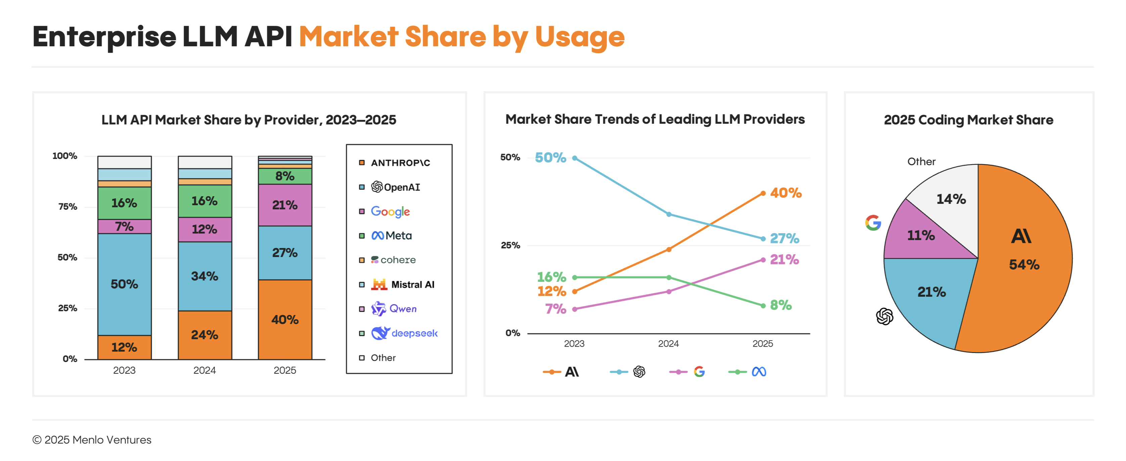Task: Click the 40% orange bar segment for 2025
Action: click(x=285, y=319)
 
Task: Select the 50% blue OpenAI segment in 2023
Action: click(x=124, y=284)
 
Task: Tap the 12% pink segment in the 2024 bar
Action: click(x=204, y=229)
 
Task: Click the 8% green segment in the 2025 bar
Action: click(x=285, y=176)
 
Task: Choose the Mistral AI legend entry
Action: click(x=402, y=285)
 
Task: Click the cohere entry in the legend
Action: click(x=393, y=260)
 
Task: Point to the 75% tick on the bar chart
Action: click(x=68, y=207)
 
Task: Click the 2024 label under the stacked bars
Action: click(x=204, y=370)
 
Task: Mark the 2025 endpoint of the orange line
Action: click(x=763, y=193)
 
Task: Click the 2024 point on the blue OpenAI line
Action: click(x=669, y=214)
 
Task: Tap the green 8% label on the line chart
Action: click(x=781, y=305)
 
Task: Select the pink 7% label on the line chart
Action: click(x=556, y=309)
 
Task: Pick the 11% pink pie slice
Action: click(x=921, y=235)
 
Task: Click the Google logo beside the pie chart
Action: click(x=873, y=223)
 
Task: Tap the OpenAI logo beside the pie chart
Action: click(x=884, y=316)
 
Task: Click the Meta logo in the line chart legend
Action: click(x=759, y=372)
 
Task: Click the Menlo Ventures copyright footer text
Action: click(x=92, y=440)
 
